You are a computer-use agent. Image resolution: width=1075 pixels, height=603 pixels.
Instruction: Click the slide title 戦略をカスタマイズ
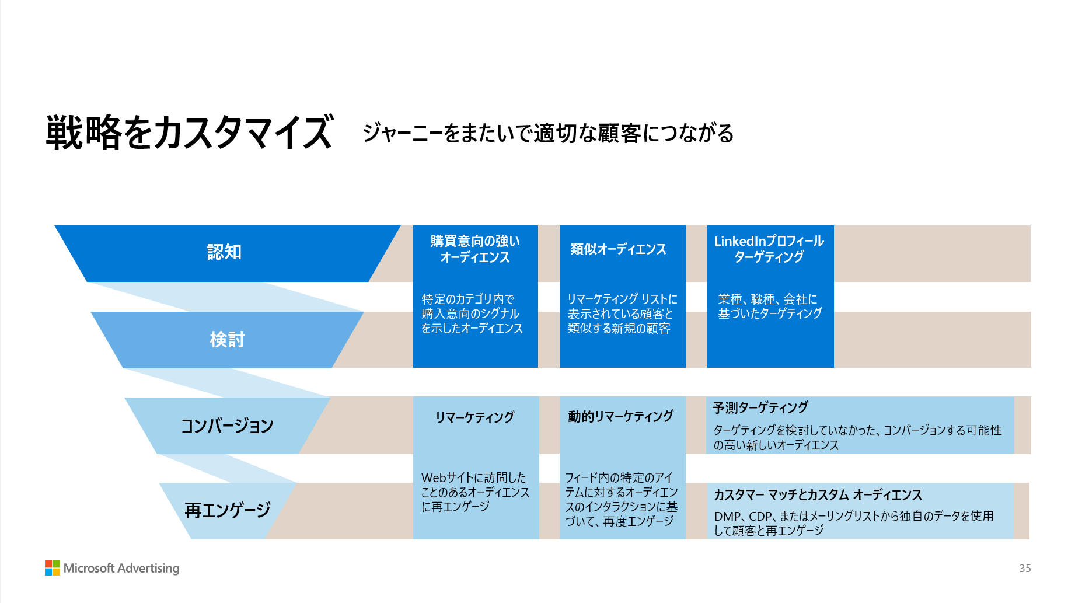[190, 132]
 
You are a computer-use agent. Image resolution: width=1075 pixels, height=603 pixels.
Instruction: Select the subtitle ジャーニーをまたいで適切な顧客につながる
[547, 133]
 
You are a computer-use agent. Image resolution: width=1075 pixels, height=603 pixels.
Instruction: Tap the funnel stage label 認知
[224, 252]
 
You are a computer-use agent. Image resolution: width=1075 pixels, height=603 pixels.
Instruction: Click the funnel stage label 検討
[227, 339]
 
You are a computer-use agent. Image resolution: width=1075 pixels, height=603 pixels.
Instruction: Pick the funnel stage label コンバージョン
[227, 426]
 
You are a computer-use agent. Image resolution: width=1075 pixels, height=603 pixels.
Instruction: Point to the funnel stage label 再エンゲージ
[228, 510]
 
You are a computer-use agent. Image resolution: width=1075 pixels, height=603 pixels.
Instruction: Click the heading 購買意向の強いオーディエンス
[475, 249]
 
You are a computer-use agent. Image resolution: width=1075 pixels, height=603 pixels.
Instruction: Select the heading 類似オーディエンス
[618, 249]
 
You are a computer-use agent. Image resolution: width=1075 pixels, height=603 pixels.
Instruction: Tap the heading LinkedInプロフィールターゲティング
[769, 249]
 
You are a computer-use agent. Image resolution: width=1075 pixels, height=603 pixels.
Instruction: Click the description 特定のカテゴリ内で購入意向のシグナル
[472, 313]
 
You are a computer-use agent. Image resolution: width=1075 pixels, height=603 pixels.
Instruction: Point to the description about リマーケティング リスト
[622, 313]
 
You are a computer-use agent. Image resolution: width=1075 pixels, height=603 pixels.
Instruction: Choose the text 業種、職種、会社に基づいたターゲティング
[769, 306]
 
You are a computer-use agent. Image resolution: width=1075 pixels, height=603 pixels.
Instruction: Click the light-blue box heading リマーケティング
[475, 417]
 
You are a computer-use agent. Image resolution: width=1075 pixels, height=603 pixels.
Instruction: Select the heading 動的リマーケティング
[620, 416]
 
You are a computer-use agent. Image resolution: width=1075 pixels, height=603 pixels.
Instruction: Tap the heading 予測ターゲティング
[760, 407]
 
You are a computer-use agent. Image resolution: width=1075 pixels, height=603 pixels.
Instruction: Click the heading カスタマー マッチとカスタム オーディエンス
[818, 495]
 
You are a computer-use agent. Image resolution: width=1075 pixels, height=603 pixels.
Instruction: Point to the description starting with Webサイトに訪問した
[474, 492]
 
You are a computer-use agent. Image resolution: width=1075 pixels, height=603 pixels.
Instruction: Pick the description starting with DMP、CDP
[853, 523]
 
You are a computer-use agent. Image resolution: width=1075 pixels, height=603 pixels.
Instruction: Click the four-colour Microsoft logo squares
[53, 568]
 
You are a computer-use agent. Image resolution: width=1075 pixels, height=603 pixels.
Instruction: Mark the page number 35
[1025, 569]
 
